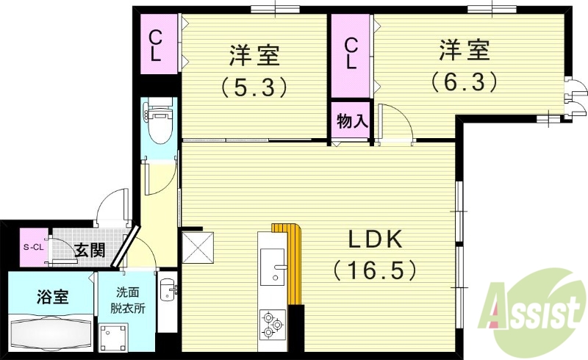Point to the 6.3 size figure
pos(465,80)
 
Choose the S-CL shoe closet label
pos(33,247)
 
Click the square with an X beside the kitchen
pos(198,248)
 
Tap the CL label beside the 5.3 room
pos(157,46)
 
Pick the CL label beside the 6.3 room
pos(351,54)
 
